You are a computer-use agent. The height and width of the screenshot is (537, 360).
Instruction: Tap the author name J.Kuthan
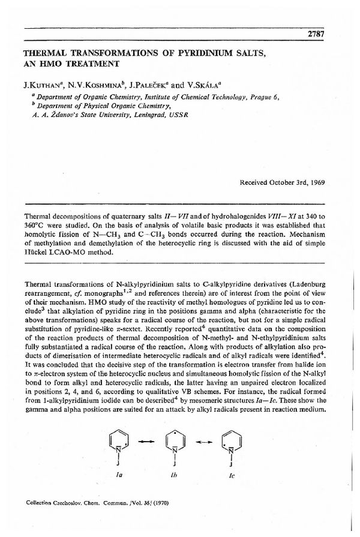coord(42,85)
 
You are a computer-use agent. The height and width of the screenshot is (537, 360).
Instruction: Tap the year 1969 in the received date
coord(315,181)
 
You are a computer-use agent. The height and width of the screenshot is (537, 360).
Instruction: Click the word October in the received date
coord(283,181)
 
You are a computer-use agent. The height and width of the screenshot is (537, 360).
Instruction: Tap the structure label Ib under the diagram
coord(175,473)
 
